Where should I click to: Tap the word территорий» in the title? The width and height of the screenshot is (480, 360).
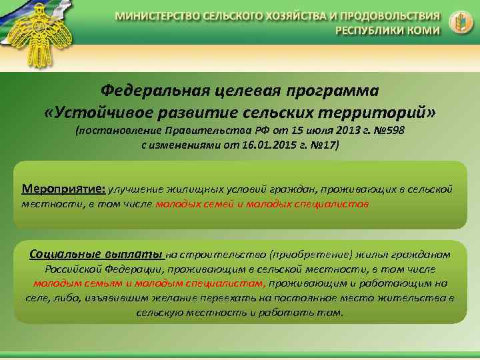pyautogui.click(x=376, y=111)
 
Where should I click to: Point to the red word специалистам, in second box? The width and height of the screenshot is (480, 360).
pyautogui.click(x=213, y=283)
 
